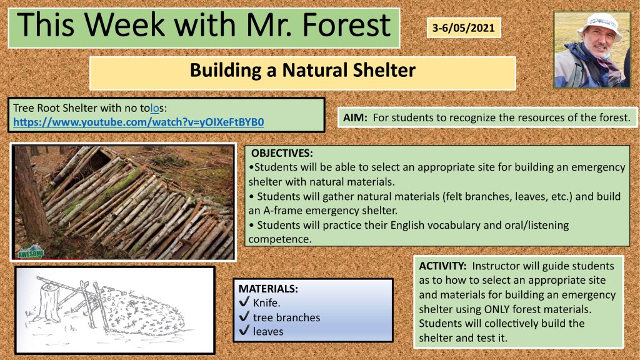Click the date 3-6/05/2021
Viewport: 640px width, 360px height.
[463, 28]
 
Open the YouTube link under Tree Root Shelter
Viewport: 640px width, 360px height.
[138, 122]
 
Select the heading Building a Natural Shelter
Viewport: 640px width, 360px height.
[302, 70]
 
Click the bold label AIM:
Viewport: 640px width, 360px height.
[355, 117]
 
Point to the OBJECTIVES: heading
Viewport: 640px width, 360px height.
[282, 153]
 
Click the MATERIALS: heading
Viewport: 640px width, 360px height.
[268, 289]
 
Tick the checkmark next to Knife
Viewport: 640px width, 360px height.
[244, 302]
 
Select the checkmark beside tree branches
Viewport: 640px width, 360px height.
[244, 316]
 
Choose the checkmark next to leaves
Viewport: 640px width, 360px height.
[244, 330]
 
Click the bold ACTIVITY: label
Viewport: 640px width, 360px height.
[442, 266]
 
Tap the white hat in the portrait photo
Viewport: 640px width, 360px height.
[599, 25]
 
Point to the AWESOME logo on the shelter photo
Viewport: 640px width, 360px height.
[31, 252]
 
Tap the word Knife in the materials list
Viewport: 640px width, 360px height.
[266, 303]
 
